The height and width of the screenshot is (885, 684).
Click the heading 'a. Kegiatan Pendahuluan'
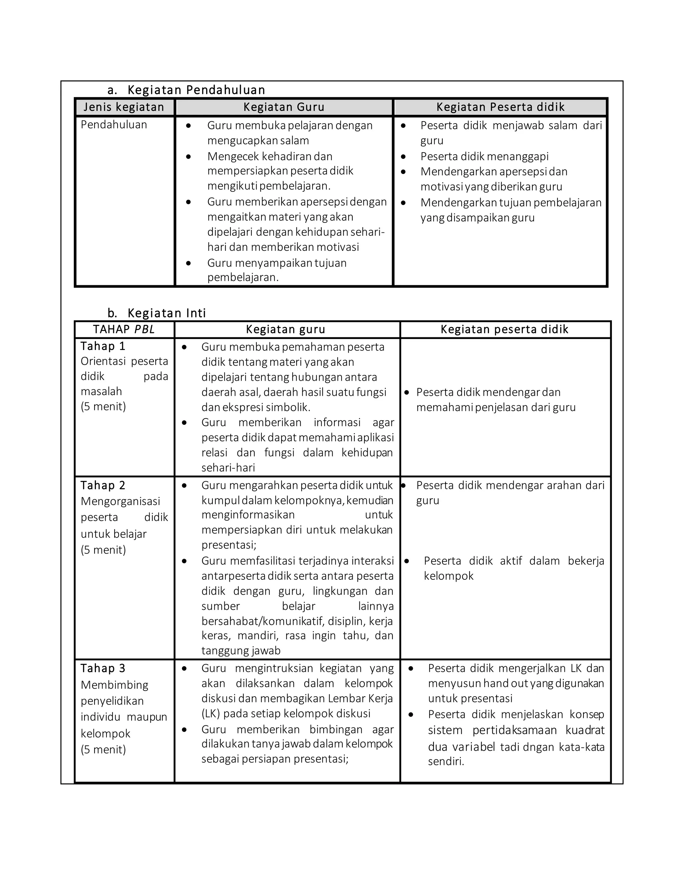pos(186,90)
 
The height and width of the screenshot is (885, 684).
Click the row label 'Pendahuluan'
pos(114,125)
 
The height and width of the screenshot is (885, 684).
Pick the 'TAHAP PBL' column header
pos(124,329)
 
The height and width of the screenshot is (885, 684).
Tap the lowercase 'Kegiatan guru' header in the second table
pos(285,329)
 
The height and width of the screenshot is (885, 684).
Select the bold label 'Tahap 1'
pos(103,346)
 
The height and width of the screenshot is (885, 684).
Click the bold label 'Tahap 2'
pos(103,486)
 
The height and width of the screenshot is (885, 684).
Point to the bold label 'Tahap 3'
pos(103,668)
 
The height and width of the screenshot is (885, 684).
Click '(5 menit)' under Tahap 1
pos(103,406)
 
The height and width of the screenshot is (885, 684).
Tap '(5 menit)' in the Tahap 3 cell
pos(103,749)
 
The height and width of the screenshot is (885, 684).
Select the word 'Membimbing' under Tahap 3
pos(115,685)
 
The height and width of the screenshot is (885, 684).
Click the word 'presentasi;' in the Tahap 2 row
pos(229,545)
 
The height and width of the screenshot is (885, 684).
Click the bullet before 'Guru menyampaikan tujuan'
pos(188,263)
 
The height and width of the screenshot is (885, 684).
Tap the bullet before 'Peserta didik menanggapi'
pos(403,156)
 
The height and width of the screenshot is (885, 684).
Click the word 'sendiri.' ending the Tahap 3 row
pos(446,761)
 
